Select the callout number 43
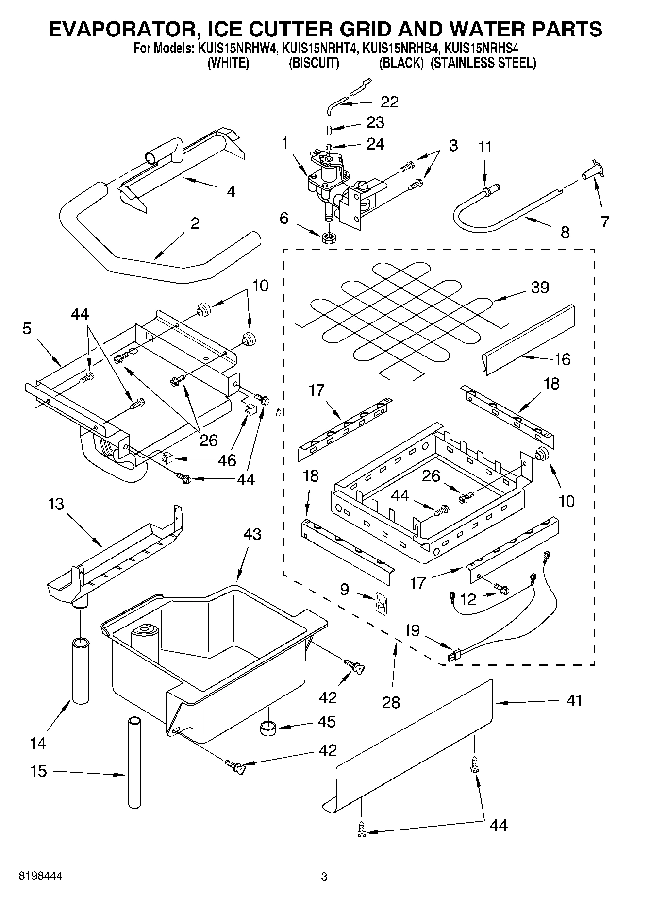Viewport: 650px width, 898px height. pos(252,534)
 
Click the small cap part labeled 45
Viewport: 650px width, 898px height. pos(267,728)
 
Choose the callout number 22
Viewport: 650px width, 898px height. pos(389,102)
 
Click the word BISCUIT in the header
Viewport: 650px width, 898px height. pos(314,63)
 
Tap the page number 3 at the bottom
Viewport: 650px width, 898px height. pos(324,877)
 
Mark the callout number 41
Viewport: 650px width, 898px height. pos(574,700)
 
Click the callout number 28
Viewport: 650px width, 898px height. pos(391,701)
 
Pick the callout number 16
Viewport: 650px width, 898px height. pos(562,359)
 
